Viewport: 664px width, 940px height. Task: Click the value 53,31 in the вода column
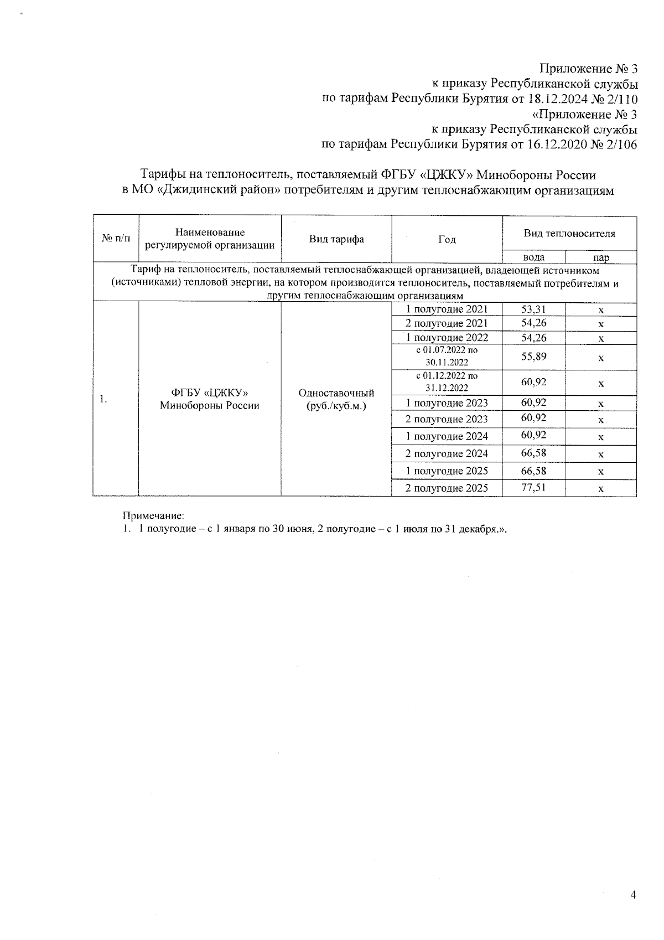tap(533, 309)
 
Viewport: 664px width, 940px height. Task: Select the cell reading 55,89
tap(533, 357)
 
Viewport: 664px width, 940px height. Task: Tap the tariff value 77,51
tap(533, 488)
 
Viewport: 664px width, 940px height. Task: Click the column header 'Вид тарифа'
tap(336, 239)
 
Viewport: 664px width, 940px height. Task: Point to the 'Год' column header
tap(447, 239)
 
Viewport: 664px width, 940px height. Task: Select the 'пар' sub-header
tap(600, 257)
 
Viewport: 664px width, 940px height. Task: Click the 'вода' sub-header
tap(533, 257)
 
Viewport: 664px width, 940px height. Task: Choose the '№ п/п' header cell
tap(116, 239)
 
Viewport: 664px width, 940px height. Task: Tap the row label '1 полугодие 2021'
tap(447, 309)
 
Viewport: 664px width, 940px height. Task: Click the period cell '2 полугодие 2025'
tap(447, 488)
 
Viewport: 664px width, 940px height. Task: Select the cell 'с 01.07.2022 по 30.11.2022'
tap(447, 357)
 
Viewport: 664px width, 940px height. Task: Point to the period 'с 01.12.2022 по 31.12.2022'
tap(447, 382)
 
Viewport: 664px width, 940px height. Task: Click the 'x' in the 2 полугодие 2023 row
tap(600, 420)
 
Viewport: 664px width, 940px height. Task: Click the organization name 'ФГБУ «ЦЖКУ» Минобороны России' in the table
tap(210, 399)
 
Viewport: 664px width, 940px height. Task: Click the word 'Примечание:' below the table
tap(153, 516)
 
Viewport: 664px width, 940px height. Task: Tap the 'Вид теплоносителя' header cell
tap(569, 234)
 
